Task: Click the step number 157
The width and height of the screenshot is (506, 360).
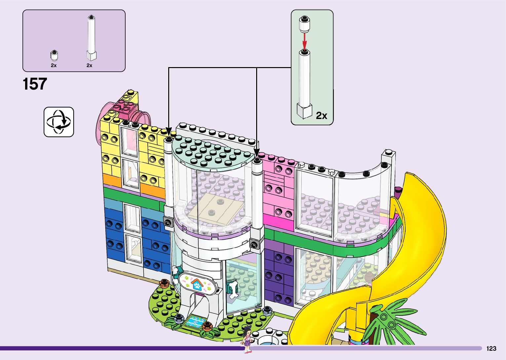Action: pyautogui.click(x=35, y=84)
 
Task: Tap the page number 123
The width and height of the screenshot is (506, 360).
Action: pyautogui.click(x=491, y=348)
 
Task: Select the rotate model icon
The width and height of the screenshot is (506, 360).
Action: pyautogui.click(x=59, y=122)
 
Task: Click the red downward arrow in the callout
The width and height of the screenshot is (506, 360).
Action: pyautogui.click(x=305, y=41)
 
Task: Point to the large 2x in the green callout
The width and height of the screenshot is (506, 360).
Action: pyautogui.click(x=321, y=115)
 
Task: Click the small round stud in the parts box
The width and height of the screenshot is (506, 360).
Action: pyautogui.click(x=54, y=55)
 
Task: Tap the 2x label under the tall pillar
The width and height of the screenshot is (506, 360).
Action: pyautogui.click(x=89, y=65)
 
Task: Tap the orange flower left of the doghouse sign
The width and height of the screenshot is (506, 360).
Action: pyautogui.click(x=164, y=283)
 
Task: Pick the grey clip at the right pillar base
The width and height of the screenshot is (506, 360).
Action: pyautogui.click(x=254, y=244)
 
